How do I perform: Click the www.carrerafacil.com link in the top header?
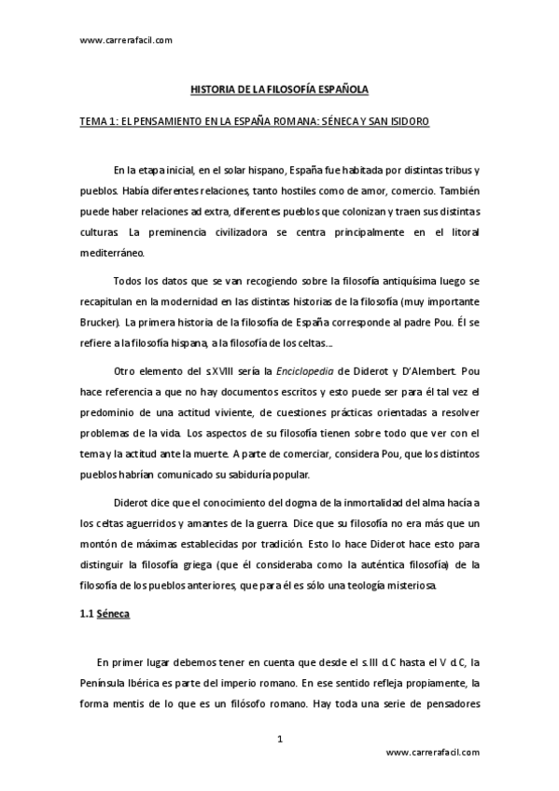click(126, 40)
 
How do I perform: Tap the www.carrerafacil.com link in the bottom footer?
click(431, 752)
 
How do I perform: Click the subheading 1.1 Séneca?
click(118, 617)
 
